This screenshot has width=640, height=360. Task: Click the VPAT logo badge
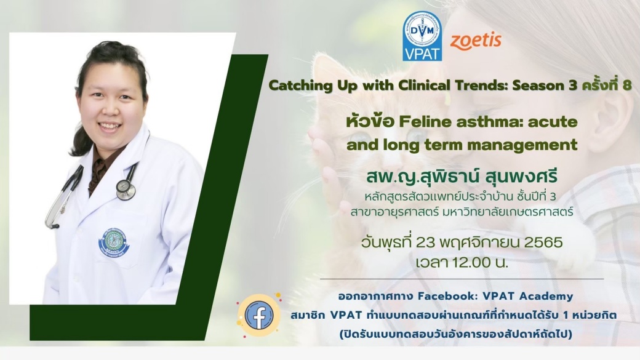[422, 36]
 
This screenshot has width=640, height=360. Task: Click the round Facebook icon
[258, 315]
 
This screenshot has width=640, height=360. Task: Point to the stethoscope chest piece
[126, 188]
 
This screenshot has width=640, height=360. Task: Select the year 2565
[543, 242]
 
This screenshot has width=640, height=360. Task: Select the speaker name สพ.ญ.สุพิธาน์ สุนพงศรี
[462, 178]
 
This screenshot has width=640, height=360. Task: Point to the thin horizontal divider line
[462, 279]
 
